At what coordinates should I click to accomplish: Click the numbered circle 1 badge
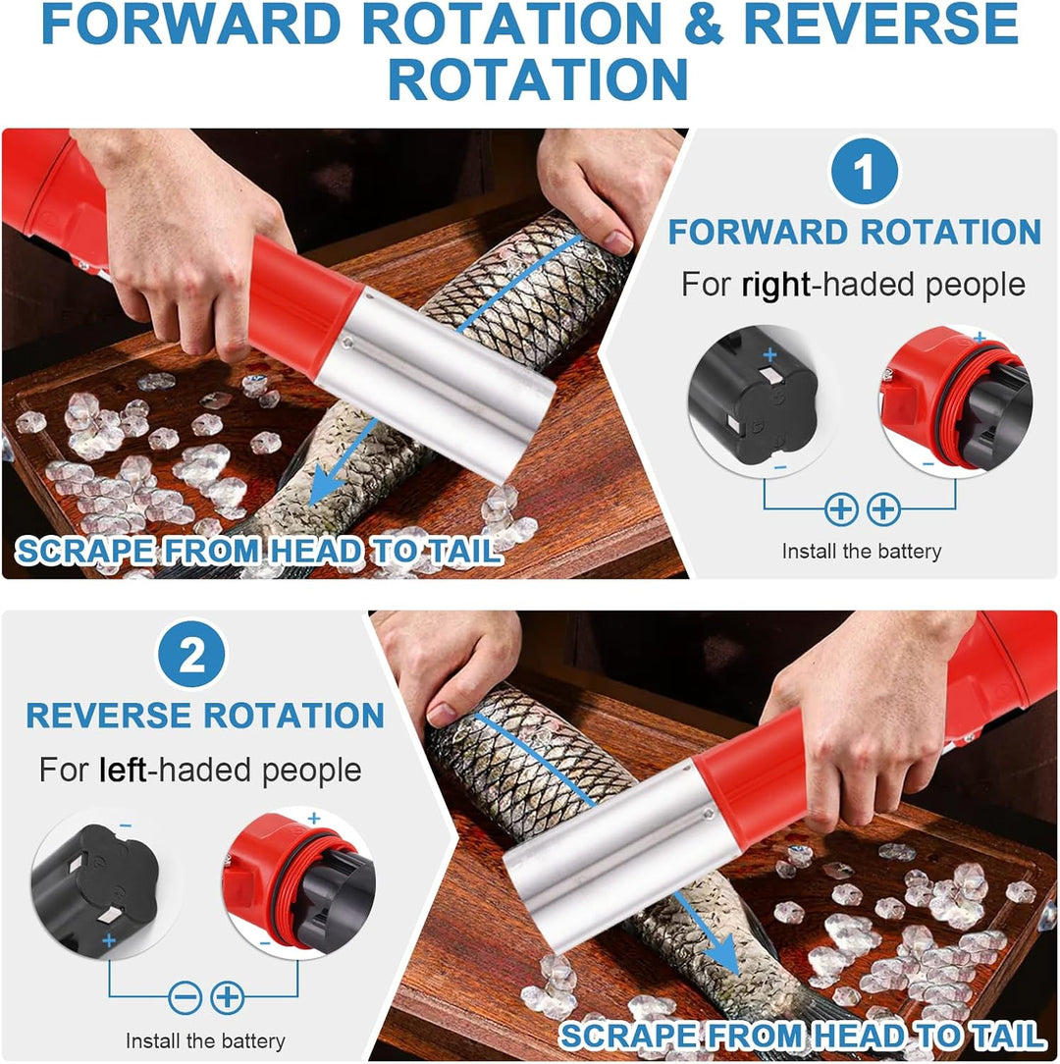864,171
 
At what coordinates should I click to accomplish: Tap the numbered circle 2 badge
191,654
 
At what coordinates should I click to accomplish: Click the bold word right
775,286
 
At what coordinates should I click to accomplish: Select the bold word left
122,771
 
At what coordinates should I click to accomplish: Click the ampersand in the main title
703,24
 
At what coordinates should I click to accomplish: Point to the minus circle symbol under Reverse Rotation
185,997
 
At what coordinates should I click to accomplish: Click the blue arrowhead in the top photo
325,486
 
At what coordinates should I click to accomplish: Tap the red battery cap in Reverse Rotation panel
298,882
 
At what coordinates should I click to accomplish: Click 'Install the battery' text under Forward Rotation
861,551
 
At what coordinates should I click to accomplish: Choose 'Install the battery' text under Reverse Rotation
205,1040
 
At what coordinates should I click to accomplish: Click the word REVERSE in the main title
880,24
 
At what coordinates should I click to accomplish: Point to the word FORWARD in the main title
190,24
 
